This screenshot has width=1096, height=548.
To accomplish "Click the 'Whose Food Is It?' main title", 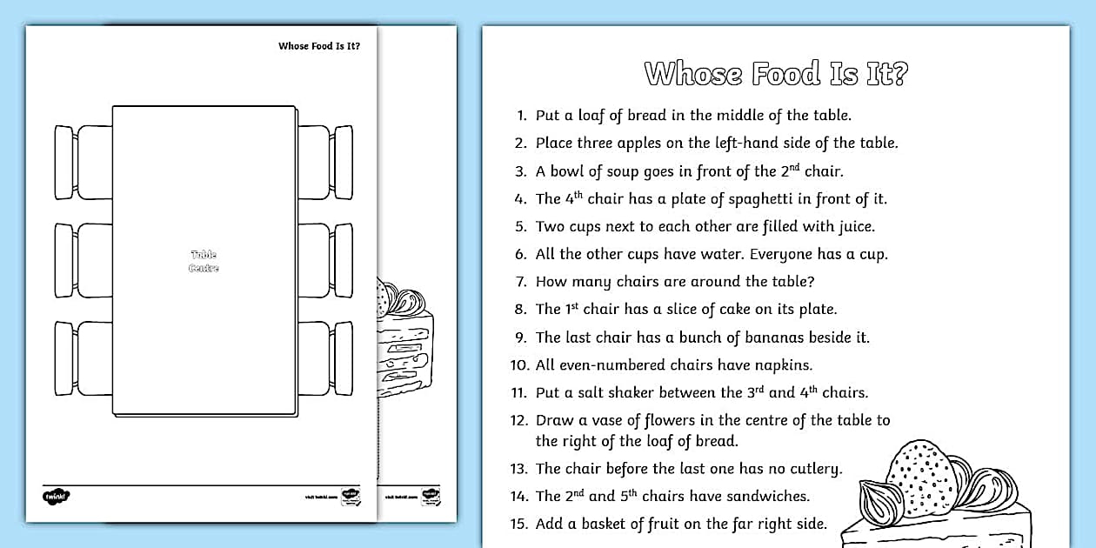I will (x=775, y=74).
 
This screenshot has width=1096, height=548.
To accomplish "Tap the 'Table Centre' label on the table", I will (x=204, y=261).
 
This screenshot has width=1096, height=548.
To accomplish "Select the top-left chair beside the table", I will (x=83, y=163).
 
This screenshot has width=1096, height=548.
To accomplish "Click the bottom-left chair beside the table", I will (x=83, y=358).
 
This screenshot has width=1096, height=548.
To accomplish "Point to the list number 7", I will (x=521, y=282).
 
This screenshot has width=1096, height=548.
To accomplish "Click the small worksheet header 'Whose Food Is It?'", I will (x=318, y=46).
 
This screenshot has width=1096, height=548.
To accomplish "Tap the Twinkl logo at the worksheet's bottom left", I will (x=56, y=496).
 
